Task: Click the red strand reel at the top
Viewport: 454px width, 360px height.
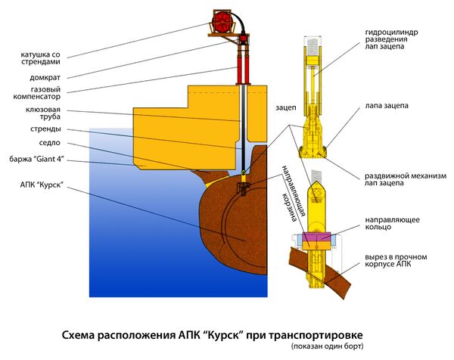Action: click(224, 21)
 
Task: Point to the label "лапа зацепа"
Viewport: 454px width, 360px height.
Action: click(384, 106)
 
